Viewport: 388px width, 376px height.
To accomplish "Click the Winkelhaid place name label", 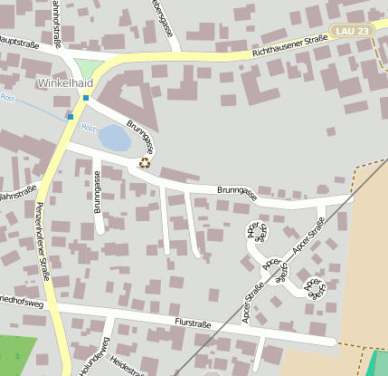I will (x=65, y=83).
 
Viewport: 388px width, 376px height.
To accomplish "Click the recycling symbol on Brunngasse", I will (x=144, y=163).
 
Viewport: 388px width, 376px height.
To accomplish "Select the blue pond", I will (x=115, y=139).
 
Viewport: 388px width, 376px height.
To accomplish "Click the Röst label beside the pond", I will (x=89, y=128).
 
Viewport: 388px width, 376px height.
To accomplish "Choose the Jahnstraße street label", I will (x=18, y=193).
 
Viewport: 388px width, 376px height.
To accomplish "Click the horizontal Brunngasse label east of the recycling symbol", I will (x=236, y=191).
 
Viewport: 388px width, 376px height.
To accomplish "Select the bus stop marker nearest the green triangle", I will (x=85, y=97).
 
